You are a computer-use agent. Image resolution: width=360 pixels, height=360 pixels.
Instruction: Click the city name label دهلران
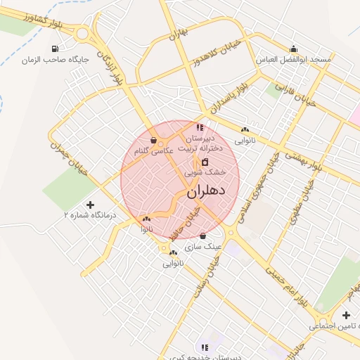click(x=207, y=191)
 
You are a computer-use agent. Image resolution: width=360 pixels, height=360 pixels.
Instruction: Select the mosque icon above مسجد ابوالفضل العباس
click(x=294, y=49)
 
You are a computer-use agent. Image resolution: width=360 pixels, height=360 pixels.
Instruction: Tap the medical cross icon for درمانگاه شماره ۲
click(x=89, y=204)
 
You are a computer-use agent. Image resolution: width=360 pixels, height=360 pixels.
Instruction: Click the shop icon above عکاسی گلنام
click(x=153, y=141)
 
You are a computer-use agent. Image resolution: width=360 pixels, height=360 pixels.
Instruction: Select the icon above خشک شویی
click(x=205, y=162)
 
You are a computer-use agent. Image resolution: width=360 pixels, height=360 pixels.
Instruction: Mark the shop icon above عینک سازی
click(x=203, y=236)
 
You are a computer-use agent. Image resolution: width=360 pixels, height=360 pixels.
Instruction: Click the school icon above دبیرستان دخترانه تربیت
click(x=200, y=128)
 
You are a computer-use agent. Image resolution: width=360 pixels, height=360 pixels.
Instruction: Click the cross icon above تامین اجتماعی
click(x=346, y=315)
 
